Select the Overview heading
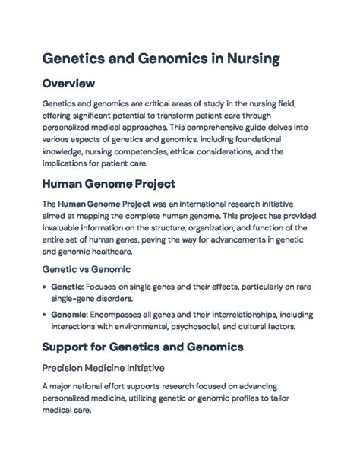tap(71, 83)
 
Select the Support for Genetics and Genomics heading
tap(142, 347)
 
